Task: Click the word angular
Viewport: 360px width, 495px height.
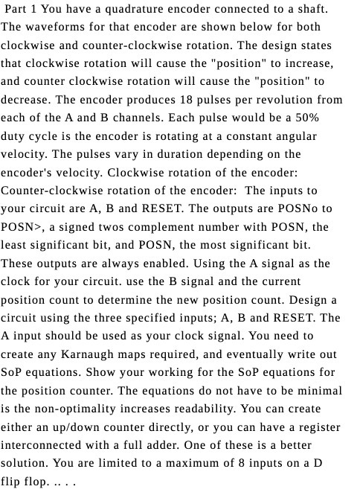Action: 296,136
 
